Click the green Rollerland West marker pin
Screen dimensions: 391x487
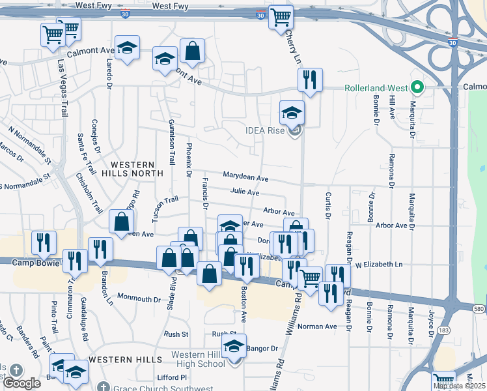pos(417,87)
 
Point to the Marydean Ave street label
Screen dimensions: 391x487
pos(245,177)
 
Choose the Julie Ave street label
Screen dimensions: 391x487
pos(245,193)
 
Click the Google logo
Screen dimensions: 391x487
pos(21,383)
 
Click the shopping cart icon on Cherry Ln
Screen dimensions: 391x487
pos(281,17)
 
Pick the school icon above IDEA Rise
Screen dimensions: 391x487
pos(292,113)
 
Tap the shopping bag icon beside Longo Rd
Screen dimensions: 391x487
pos(121,222)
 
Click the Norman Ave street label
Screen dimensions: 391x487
pos(316,326)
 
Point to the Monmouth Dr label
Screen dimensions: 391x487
pos(139,300)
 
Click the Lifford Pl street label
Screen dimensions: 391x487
pos(172,377)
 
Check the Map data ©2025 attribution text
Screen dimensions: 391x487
pos(459,386)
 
